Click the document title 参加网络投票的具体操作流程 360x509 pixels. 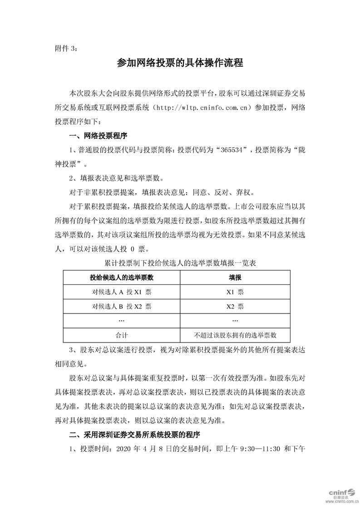coord(180,63)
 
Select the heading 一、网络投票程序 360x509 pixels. coord(98,136)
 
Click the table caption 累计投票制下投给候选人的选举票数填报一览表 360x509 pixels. coord(180,263)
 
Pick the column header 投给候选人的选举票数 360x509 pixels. coord(121,277)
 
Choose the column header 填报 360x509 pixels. coord(235,277)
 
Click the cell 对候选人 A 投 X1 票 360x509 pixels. coord(121,292)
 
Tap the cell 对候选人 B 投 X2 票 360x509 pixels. coord(121,306)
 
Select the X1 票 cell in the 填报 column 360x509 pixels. coord(235,292)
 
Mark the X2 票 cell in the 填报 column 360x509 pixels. coord(235,306)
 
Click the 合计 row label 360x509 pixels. coord(121,335)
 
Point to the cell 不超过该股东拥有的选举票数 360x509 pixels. coord(235,335)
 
